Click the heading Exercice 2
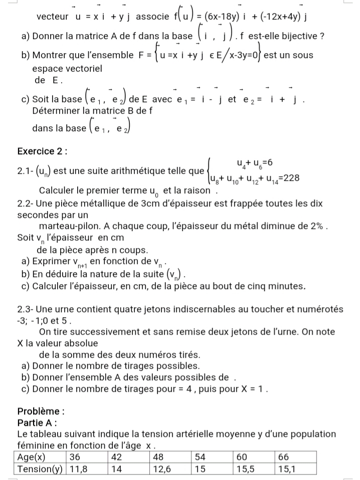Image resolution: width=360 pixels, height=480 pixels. point(42,151)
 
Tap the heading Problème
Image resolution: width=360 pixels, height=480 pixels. point(40,411)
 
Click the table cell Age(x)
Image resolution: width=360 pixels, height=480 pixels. point(32,456)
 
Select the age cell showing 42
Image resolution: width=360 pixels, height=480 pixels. point(117,456)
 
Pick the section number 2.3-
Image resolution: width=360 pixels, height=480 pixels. point(25,309)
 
